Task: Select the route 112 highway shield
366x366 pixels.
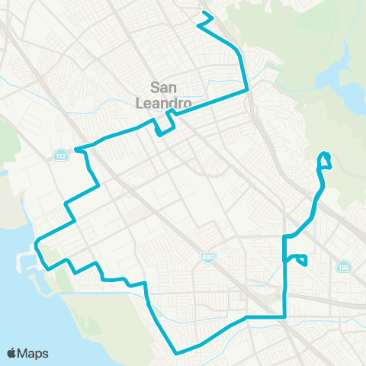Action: (59, 156)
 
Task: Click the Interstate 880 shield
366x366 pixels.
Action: (207, 258)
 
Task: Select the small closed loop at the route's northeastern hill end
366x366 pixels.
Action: (325, 159)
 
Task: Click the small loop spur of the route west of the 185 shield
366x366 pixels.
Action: (300, 260)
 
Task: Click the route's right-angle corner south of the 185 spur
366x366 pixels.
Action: (284, 316)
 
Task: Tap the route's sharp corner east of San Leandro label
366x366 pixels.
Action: (247, 90)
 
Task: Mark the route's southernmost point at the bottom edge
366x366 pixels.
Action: (177, 353)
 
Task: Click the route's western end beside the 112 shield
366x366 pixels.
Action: (77, 150)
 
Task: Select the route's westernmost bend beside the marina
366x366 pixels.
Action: (35, 246)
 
